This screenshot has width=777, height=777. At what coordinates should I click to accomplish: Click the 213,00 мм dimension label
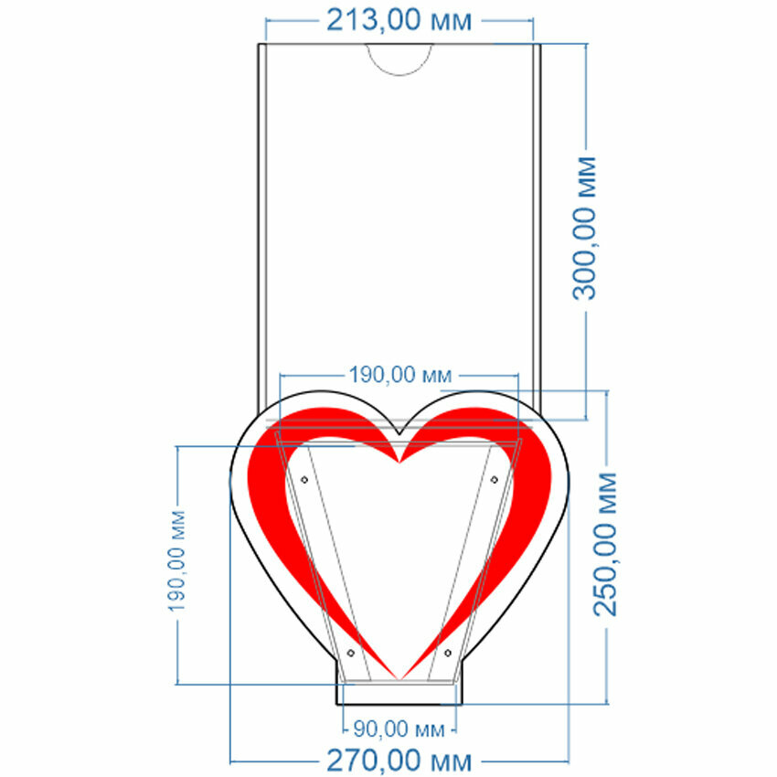click(399, 20)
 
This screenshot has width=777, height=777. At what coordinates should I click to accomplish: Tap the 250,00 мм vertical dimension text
click(606, 545)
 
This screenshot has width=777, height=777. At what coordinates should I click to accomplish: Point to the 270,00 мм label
click(399, 761)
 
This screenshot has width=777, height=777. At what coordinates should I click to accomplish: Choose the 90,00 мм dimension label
click(399, 729)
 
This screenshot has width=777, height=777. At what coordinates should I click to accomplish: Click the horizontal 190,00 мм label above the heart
click(400, 374)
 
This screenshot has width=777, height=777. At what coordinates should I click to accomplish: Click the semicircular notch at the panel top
click(399, 57)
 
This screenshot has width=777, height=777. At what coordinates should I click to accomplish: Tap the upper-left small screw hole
click(304, 479)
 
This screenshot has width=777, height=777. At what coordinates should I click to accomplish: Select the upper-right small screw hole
click(495, 479)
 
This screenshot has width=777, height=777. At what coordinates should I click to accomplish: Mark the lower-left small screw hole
click(350, 653)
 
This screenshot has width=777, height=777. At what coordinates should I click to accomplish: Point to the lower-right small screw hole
click(447, 653)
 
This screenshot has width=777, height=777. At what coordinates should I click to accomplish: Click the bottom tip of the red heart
click(399, 677)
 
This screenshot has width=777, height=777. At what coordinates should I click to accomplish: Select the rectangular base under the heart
click(399, 694)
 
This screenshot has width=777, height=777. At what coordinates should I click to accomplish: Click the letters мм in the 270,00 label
click(453, 761)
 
